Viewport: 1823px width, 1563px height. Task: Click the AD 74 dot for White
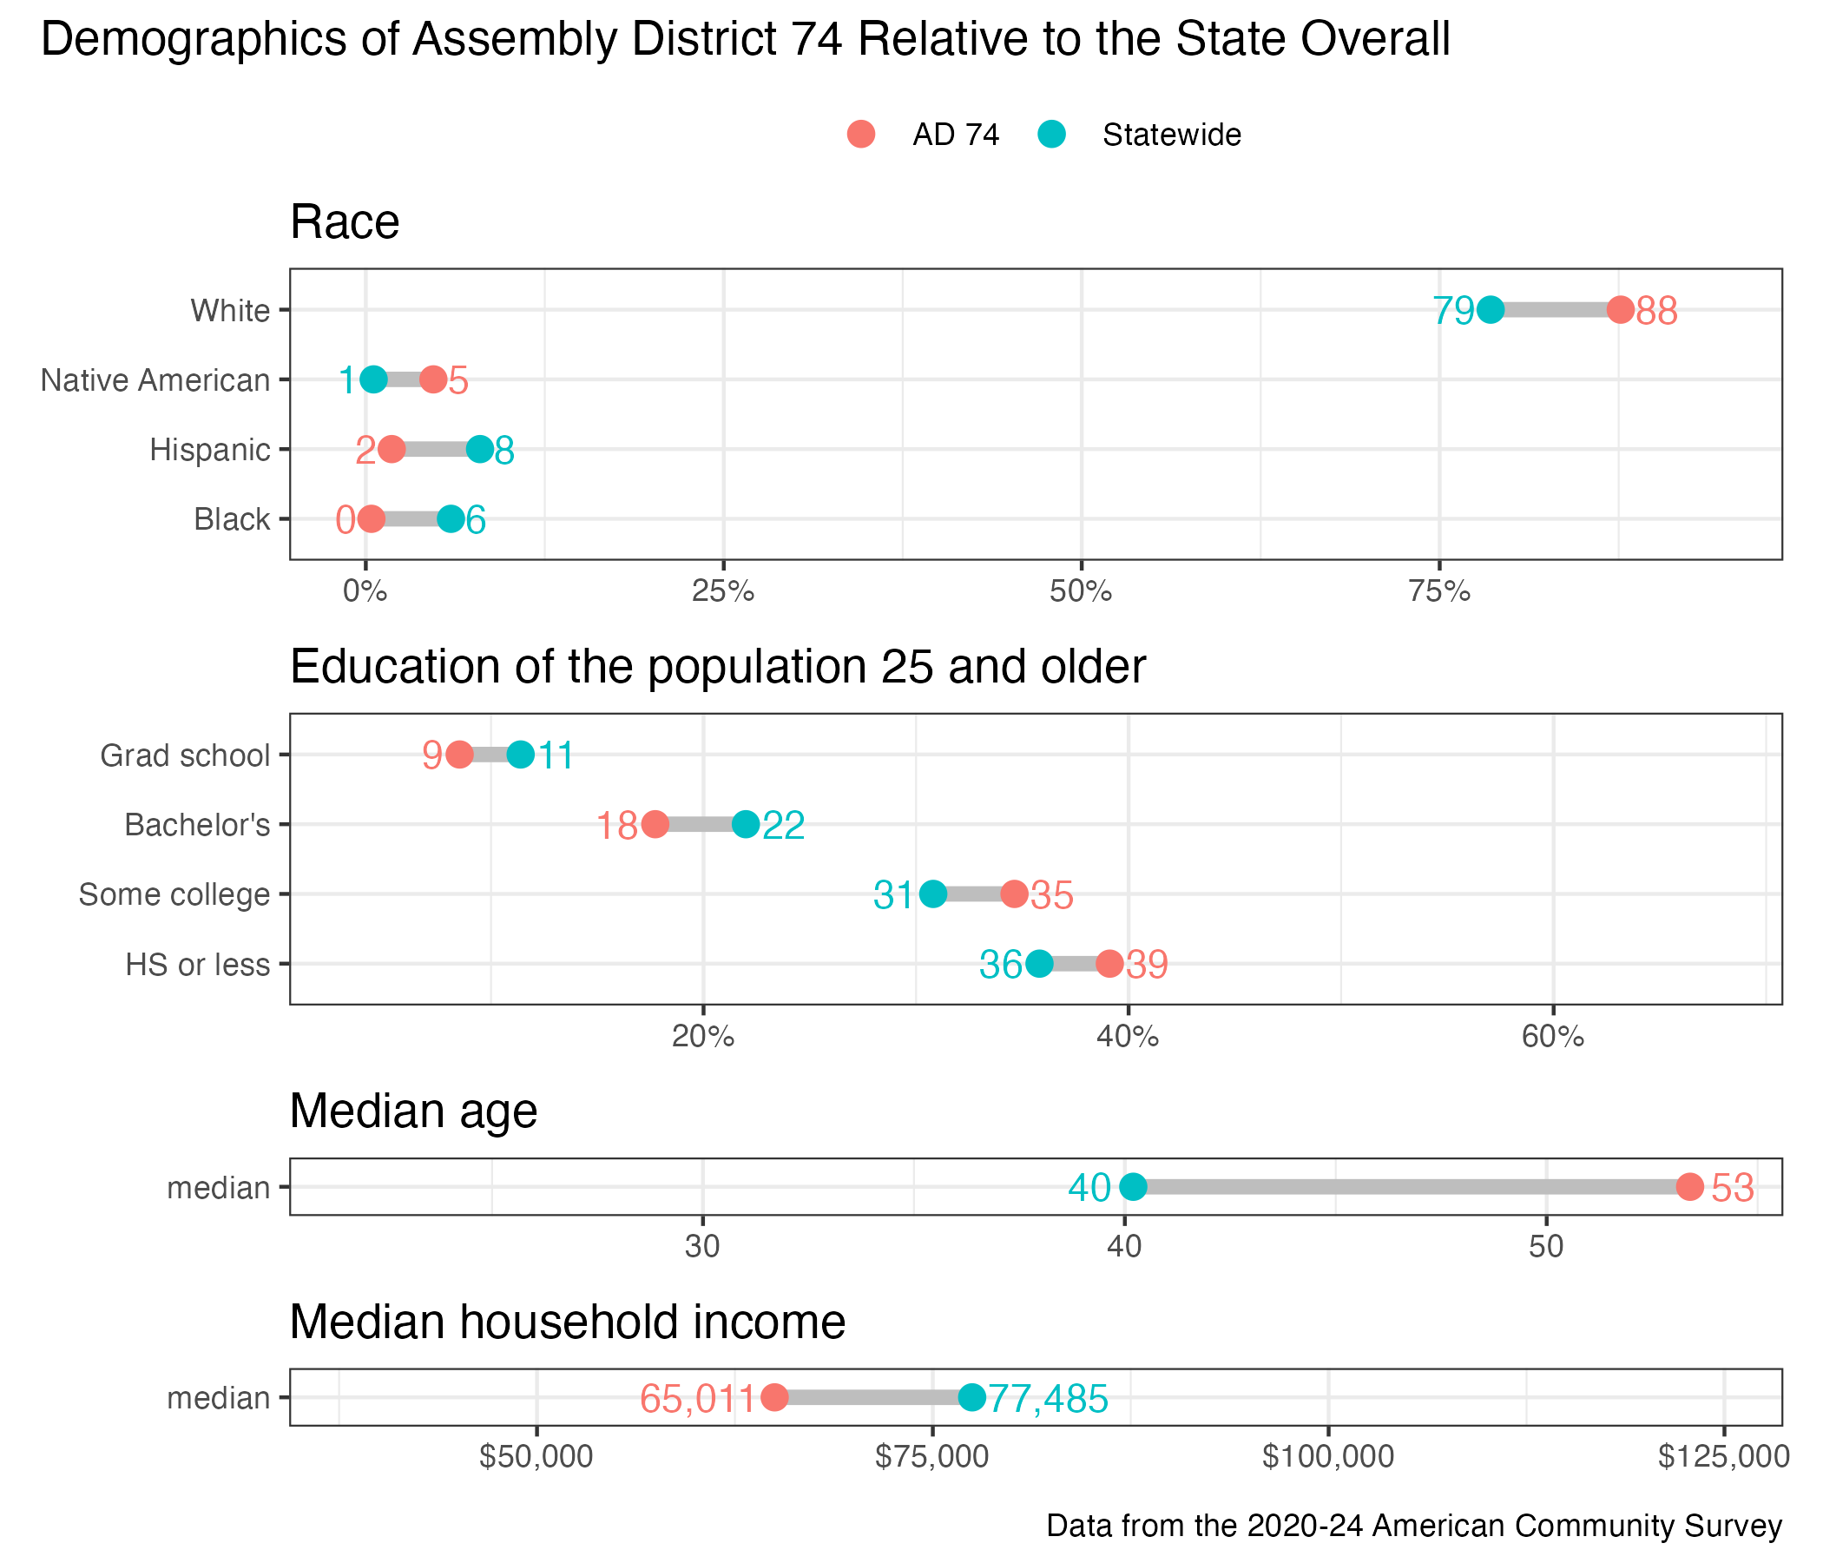pos(1621,310)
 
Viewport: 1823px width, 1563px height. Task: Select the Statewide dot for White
pos(1491,310)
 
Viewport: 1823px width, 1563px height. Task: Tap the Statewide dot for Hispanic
pos(479,450)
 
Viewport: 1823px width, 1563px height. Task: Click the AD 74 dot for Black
pos(372,519)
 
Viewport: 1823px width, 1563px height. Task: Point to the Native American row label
pos(155,380)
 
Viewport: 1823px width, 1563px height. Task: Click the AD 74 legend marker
pos(861,135)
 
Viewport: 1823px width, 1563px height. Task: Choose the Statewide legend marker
pos(1051,135)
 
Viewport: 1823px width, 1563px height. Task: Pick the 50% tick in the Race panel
pos(1082,591)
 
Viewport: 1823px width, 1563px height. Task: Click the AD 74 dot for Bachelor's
pos(655,825)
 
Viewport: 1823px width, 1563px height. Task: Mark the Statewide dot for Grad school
pos(521,755)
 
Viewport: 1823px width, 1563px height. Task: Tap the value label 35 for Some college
pos(1052,895)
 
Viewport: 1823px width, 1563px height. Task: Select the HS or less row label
pos(198,965)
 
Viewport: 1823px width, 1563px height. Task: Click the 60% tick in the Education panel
pos(1553,1037)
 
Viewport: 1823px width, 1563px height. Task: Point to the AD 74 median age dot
pos(1689,1186)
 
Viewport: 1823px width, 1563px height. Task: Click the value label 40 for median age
pos(1089,1188)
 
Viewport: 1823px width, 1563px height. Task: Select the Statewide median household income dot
pos(971,1396)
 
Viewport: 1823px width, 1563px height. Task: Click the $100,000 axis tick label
pos(1327,1456)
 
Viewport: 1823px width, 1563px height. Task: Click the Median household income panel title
pos(568,1322)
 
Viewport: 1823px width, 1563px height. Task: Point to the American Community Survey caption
pos(1414,1525)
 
